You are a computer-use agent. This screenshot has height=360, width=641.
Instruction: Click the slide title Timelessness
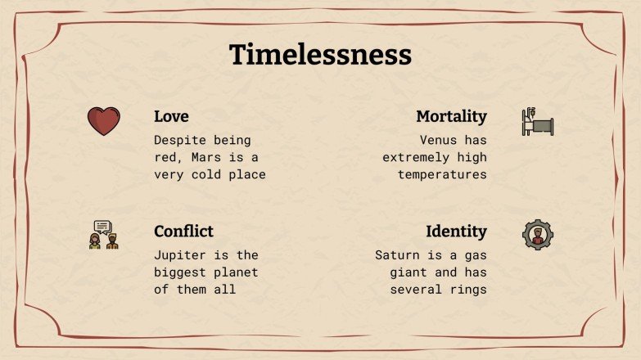[x=320, y=55]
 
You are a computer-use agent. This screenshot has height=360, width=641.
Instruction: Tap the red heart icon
[x=104, y=122]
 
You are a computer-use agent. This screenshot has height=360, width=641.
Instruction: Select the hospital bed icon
[x=538, y=122]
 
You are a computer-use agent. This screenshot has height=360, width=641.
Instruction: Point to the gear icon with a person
[x=538, y=235]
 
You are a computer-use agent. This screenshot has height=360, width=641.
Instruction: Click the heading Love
[x=171, y=116]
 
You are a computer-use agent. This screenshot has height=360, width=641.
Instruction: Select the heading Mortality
[x=451, y=116]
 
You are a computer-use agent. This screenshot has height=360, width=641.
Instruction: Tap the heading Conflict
[x=183, y=232]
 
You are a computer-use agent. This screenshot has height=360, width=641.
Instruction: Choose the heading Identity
[x=456, y=232]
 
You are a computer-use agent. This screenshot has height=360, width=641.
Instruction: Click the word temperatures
[x=442, y=174]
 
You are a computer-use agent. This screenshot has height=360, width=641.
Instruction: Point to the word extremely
[x=416, y=157]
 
